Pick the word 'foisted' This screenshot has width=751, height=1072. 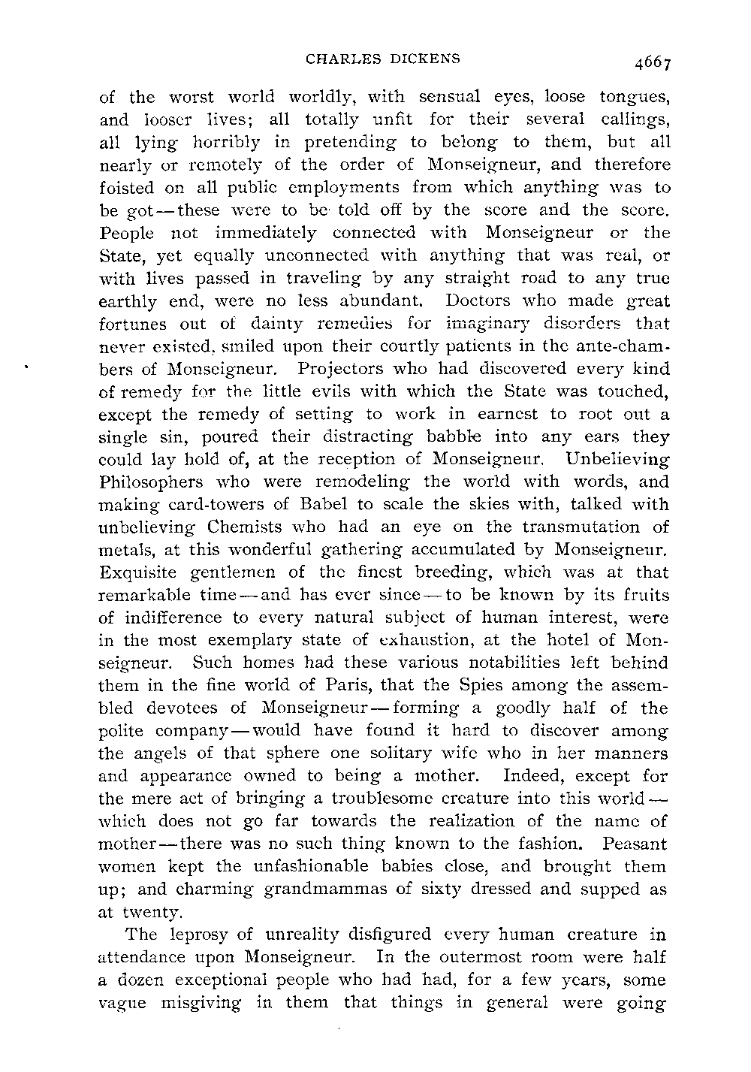(126, 187)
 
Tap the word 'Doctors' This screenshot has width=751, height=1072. (479, 301)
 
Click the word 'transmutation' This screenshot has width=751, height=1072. (569, 527)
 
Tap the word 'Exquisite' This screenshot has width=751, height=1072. (137, 572)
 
